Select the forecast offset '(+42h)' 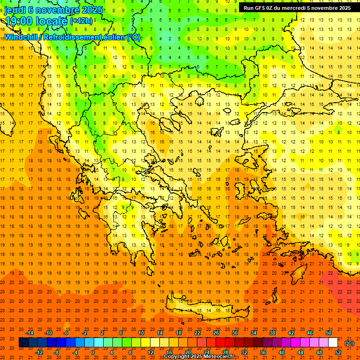pos(82,21)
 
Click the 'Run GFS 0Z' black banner pos(297,8)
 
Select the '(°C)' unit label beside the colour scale pos(349,343)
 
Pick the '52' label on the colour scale pos(338,352)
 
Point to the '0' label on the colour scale pos(92,352)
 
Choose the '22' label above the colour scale pos(197,333)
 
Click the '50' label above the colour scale pos(329,333)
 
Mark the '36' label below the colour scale pos(263,352)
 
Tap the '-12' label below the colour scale pos(39,352)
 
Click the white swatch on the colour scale pos(333,343)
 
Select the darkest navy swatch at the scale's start pos(23,343)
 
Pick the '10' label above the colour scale pos(141,333)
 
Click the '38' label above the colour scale pos(272,333)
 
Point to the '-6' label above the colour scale pos(66,333)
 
